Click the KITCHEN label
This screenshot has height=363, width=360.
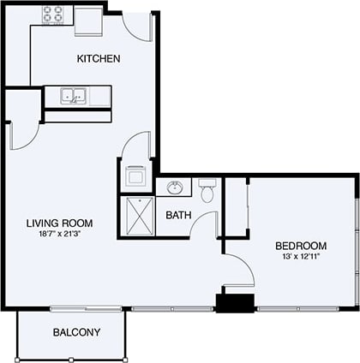pyautogui.click(x=99, y=59)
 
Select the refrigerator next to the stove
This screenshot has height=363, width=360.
pyautogui.click(x=88, y=20)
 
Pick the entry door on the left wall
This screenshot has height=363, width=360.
pyautogui.click(x=21, y=129)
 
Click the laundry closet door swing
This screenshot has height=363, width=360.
pyautogui.click(x=137, y=146)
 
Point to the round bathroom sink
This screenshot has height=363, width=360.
pyautogui.click(x=177, y=187)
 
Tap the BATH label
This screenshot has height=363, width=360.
pyautogui.click(x=178, y=215)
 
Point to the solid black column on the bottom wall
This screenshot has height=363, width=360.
pyautogui.click(x=235, y=303)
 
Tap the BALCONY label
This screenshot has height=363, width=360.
pyautogui.click(x=76, y=332)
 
